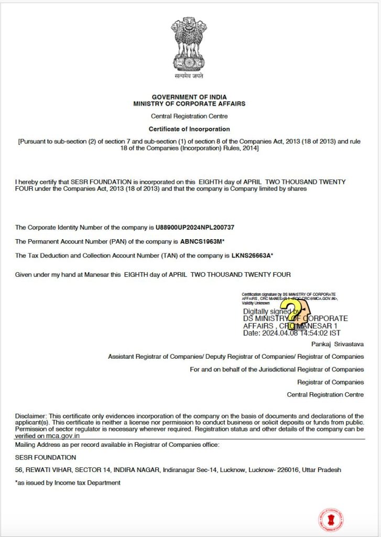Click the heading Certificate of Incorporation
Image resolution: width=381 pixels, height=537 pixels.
(x=189, y=129)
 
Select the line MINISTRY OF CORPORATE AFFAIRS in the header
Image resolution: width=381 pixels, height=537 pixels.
(x=189, y=104)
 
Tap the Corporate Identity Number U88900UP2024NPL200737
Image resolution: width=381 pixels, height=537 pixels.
(x=195, y=228)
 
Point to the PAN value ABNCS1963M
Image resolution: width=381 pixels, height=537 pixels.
(x=200, y=242)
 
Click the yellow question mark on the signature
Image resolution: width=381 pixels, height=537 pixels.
(x=292, y=313)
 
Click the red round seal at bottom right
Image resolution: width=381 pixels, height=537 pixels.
(x=331, y=520)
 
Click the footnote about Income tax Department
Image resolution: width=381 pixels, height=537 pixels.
(x=68, y=482)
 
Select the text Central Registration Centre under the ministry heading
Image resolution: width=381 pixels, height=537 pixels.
(x=189, y=116)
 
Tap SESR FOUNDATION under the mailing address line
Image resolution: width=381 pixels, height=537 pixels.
(x=45, y=457)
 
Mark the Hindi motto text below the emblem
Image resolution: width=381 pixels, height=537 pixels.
(x=189, y=77)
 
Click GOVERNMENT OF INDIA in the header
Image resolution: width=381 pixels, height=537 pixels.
(x=189, y=98)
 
